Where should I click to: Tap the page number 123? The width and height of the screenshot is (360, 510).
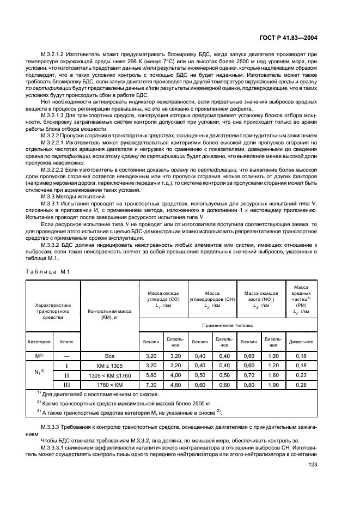(312, 464)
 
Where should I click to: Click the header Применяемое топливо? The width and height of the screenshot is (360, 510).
(228, 325)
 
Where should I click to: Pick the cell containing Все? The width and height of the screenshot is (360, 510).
(110, 355)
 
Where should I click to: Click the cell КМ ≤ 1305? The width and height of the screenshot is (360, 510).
(110, 365)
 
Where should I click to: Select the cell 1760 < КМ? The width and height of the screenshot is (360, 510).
(110, 385)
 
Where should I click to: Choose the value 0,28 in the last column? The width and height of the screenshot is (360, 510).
(301, 385)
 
